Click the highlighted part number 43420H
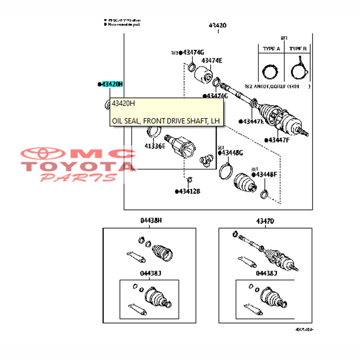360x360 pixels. click(112, 84)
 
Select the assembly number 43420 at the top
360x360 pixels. click(218, 26)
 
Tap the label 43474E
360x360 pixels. click(212, 61)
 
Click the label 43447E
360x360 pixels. click(252, 121)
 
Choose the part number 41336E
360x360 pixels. click(155, 146)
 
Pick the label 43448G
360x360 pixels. click(232, 153)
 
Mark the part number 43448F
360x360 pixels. click(266, 174)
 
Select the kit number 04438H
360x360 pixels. click(151, 220)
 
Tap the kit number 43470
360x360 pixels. click(265, 220)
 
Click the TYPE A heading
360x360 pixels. click(271, 49)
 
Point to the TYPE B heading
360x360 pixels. click(298, 49)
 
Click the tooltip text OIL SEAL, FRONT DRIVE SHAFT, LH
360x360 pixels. click(166, 120)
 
